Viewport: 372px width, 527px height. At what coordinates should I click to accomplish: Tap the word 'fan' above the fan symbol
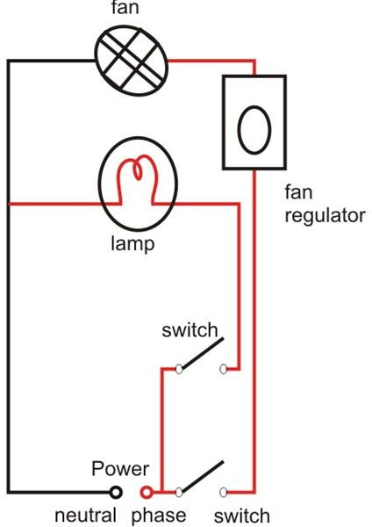click(125, 8)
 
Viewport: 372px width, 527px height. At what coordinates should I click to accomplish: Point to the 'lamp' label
click(132, 243)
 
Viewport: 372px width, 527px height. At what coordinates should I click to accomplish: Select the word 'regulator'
click(325, 216)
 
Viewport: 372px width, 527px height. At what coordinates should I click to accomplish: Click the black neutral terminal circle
click(115, 493)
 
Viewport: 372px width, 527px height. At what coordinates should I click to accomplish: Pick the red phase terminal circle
click(147, 493)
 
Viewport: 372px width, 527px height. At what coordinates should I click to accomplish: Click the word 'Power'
click(120, 468)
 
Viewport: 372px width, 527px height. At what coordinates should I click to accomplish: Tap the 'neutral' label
click(85, 516)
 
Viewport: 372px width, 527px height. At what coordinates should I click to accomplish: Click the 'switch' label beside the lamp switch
click(190, 330)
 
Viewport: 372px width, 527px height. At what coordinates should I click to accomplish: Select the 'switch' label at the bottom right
click(242, 516)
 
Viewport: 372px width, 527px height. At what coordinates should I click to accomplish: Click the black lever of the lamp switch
click(203, 353)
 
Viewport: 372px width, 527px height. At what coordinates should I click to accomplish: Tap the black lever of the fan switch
click(203, 476)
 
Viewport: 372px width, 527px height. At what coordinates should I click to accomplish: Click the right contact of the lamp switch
click(223, 370)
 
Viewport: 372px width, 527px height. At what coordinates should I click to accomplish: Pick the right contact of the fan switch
click(223, 493)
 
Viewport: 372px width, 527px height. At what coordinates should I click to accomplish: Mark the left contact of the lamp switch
click(179, 370)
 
